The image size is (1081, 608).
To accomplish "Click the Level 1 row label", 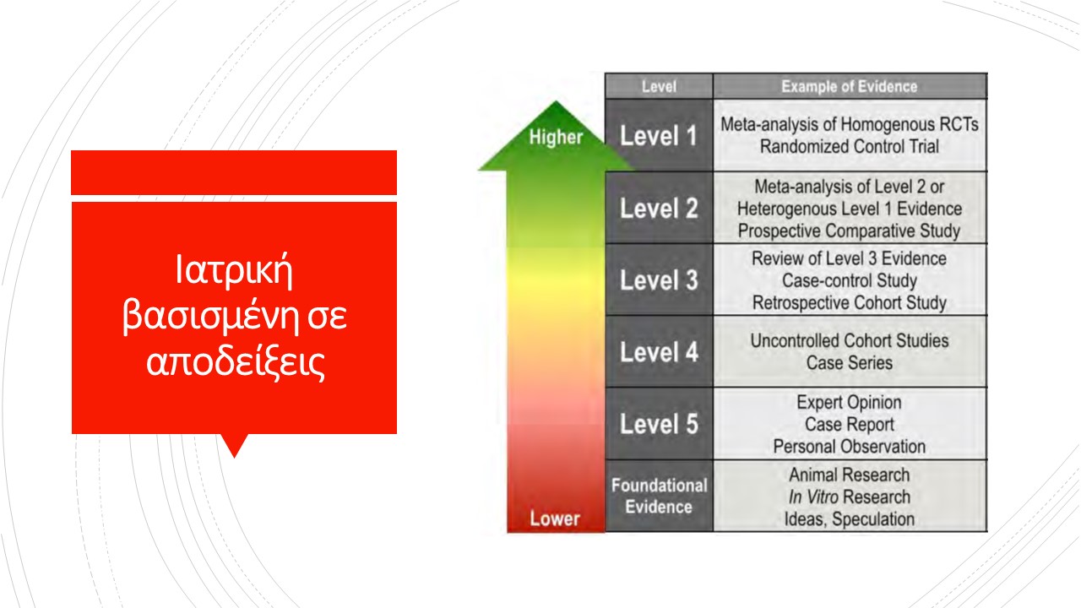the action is (659, 136).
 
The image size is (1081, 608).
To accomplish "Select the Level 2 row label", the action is (659, 209).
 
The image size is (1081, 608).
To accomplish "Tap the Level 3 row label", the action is (659, 280).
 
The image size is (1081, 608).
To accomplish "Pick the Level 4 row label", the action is (659, 352).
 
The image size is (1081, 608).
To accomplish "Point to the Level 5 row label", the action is (659, 424).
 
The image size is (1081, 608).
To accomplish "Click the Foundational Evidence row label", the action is (659, 496).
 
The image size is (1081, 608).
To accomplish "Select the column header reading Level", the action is (659, 87).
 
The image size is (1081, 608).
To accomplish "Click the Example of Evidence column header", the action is (850, 87).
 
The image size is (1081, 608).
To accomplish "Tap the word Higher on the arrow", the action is (556, 137).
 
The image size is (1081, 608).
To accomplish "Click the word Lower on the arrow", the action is (555, 518).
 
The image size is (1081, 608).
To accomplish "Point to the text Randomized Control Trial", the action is (850, 147).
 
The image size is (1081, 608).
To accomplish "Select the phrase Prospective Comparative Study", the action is (850, 231).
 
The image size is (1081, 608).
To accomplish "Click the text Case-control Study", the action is (850, 280).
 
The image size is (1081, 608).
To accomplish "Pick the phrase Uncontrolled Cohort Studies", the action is (850, 340).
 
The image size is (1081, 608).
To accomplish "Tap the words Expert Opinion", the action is (850, 403).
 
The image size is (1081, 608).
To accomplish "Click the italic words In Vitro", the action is (813, 497).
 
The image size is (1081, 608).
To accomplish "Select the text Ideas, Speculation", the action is (850, 519).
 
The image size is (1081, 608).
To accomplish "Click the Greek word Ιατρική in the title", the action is (234, 270).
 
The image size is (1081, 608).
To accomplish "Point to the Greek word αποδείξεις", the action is (236, 362).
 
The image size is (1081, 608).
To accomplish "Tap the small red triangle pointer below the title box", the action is (235, 444).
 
